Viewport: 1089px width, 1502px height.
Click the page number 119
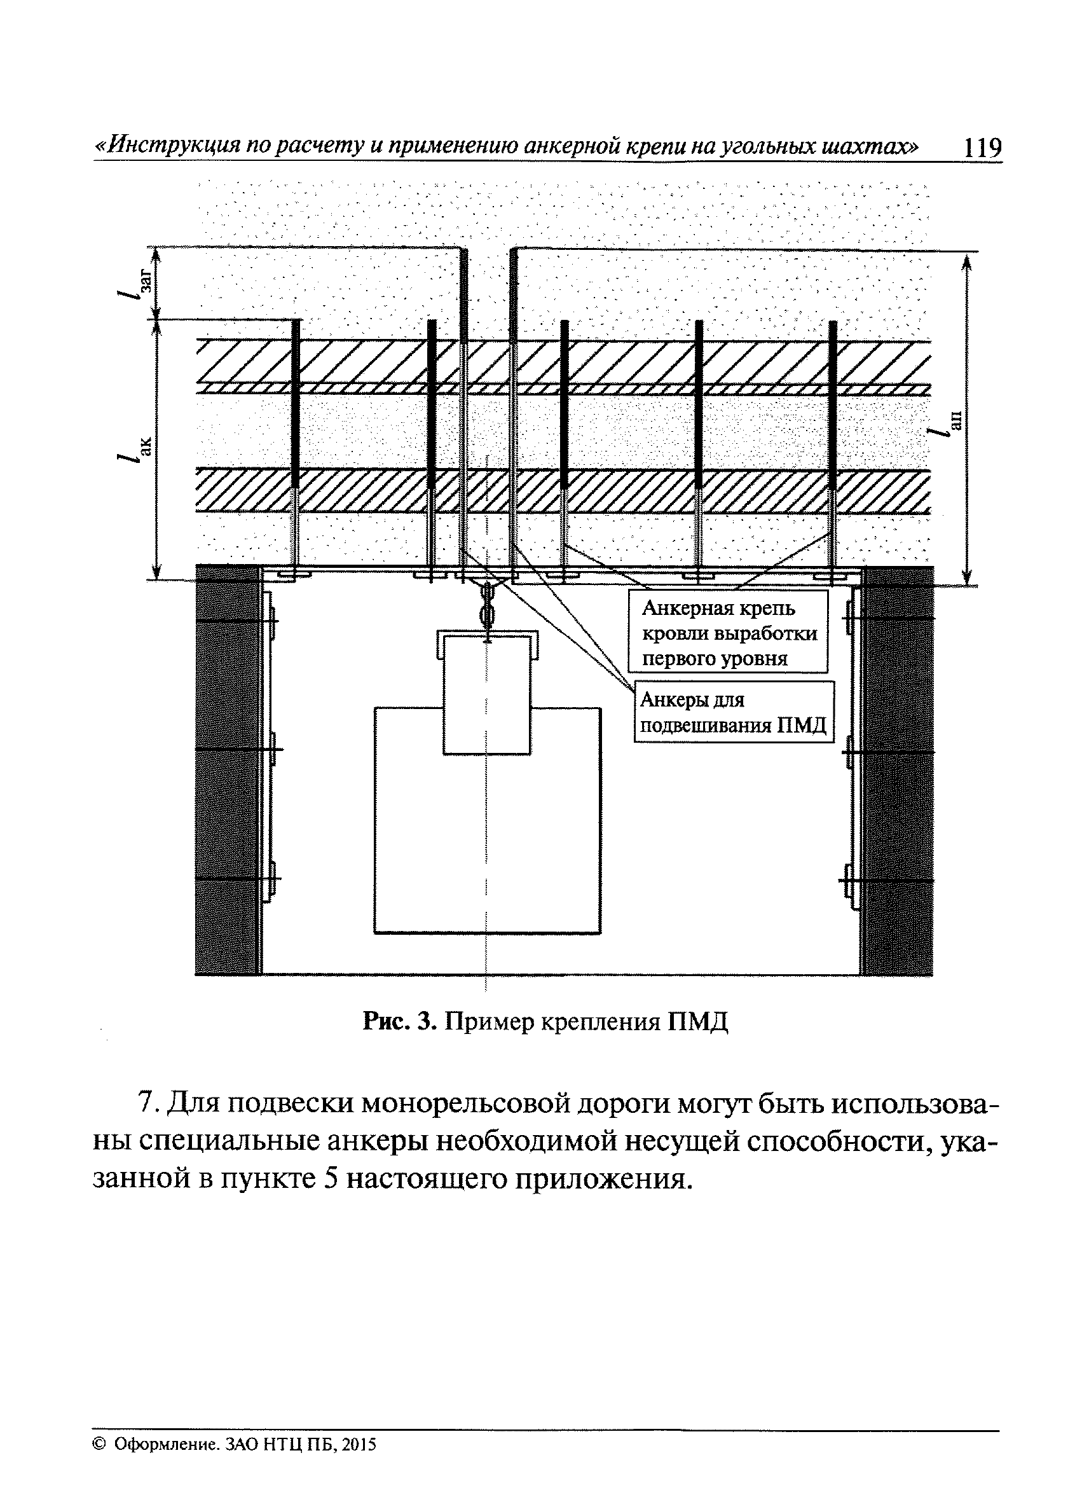click(x=982, y=147)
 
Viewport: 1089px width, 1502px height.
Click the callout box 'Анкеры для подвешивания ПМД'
click(x=734, y=712)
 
